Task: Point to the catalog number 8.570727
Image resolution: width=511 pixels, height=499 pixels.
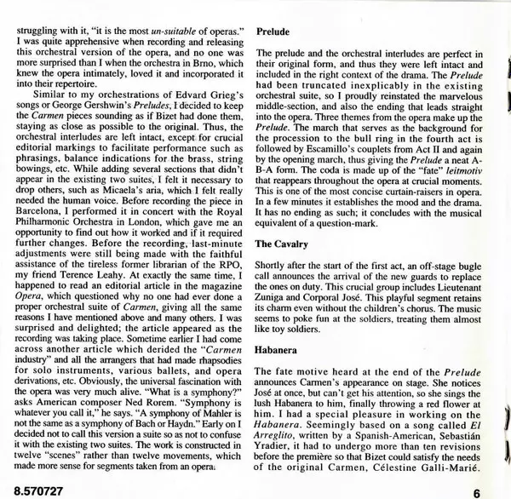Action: tap(33, 491)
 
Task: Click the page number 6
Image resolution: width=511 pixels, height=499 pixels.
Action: tap(478, 491)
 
